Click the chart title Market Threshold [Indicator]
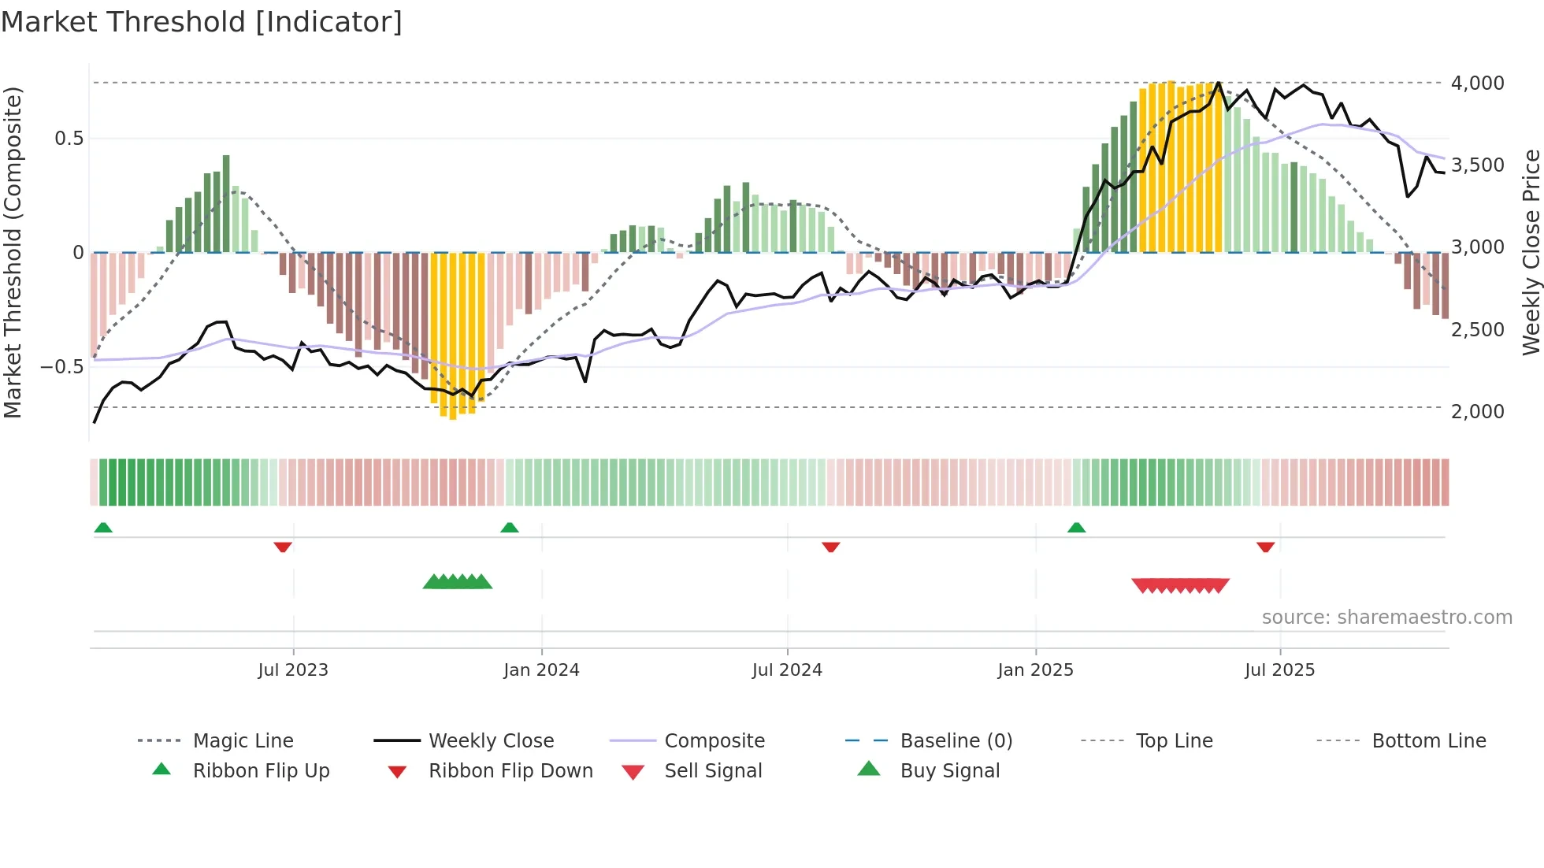click(x=202, y=22)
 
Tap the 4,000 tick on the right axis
click(x=1477, y=83)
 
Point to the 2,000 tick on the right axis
click(x=1477, y=411)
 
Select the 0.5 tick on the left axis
click(x=69, y=139)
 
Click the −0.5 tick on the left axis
click(x=62, y=367)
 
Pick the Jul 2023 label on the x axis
click(x=293, y=670)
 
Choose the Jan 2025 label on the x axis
click(x=1035, y=670)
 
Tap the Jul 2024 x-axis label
click(x=787, y=670)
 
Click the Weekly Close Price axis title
click(x=1531, y=252)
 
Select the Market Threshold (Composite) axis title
click(x=13, y=252)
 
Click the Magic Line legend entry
click(x=243, y=741)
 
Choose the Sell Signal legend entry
click(x=713, y=771)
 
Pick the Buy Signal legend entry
click(x=949, y=771)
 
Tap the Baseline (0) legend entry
click(x=956, y=741)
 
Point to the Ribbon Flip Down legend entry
click(x=510, y=771)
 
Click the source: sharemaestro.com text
click(x=1386, y=618)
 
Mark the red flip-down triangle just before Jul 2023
click(x=283, y=547)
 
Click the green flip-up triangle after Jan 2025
click(x=1076, y=528)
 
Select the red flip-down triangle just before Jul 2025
click(x=1266, y=547)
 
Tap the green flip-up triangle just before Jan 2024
click(x=510, y=528)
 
